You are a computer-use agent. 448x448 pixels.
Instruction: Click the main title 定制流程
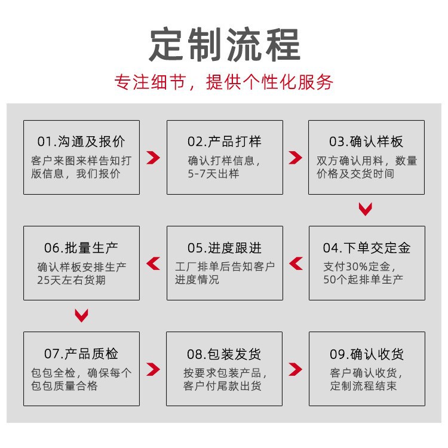224,44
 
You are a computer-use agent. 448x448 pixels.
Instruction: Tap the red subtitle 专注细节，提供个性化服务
224,81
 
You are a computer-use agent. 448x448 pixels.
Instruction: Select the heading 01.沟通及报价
81,142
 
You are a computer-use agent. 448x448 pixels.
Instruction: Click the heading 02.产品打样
225,142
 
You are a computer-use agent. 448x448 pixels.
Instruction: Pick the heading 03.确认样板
366,142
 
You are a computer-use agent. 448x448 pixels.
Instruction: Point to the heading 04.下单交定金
366,248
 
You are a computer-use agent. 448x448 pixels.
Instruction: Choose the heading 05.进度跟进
225,248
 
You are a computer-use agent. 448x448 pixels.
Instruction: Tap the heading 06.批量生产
81,248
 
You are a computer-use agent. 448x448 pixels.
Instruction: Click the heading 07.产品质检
81,354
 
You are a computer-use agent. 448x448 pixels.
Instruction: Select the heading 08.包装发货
225,354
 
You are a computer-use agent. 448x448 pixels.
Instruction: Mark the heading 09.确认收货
366,354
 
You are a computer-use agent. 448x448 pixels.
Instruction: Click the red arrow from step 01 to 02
154,158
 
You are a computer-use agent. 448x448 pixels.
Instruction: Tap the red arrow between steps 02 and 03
295,158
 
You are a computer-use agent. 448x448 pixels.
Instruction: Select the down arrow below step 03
366,209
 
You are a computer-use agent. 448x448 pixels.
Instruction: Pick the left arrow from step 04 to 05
296,263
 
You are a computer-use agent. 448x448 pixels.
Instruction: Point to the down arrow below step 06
81,315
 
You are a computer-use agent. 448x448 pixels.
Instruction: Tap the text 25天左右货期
71,280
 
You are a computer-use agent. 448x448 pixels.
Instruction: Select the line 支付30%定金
358,266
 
